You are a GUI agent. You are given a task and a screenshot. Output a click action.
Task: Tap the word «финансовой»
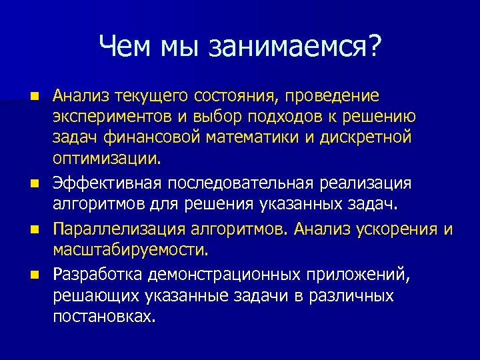click(x=152, y=139)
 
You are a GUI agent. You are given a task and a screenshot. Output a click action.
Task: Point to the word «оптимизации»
click(x=106, y=160)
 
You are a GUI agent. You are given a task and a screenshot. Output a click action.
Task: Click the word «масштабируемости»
click(x=131, y=251)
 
